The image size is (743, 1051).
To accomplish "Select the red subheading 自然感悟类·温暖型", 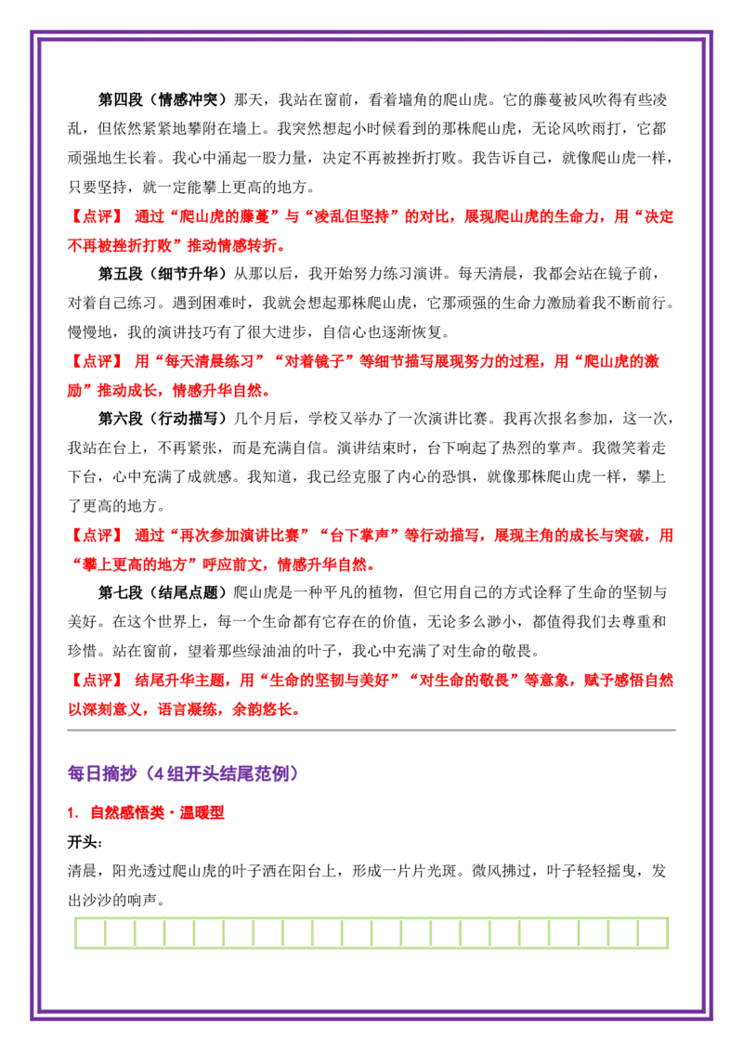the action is point(158,812).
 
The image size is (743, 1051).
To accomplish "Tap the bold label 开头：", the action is point(85,842).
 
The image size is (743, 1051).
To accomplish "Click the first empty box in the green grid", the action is point(90,933).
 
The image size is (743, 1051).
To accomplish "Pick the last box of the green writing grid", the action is point(653,933).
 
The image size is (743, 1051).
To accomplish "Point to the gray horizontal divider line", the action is point(371,730).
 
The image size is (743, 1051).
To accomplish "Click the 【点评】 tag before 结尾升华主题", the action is point(97,681).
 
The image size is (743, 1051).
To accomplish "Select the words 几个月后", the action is point(263,418).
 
